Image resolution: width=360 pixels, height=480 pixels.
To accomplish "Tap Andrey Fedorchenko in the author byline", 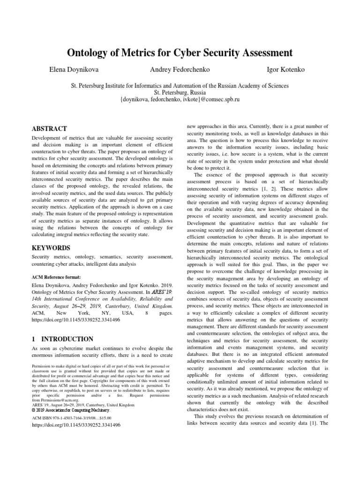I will (x=180, y=69).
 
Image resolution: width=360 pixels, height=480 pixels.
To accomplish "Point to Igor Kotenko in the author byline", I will (x=285, y=69).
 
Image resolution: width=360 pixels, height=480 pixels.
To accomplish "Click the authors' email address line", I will (x=180, y=100).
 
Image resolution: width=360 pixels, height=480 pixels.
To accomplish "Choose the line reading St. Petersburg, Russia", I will (x=180, y=93).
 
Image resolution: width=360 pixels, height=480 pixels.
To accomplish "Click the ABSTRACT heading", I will (x=49, y=128).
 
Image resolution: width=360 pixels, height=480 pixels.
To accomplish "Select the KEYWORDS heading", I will (x=51, y=247).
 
